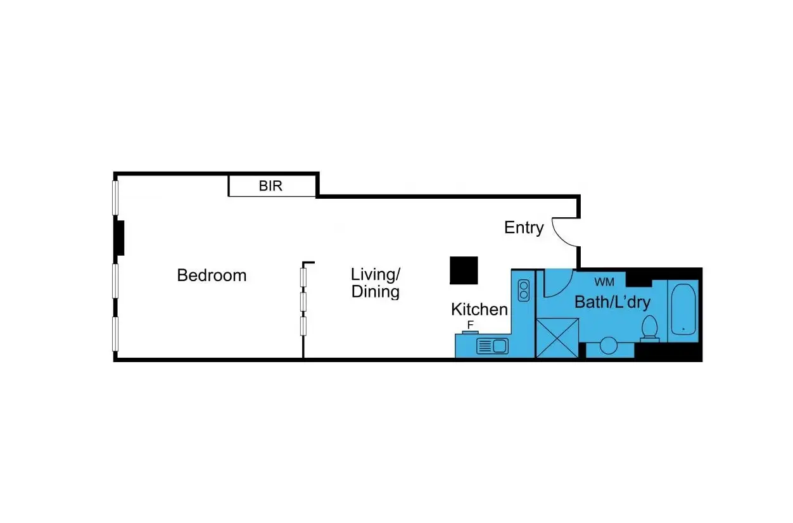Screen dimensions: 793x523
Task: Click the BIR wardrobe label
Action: [x=270, y=186]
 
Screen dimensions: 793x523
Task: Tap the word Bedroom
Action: [x=212, y=275]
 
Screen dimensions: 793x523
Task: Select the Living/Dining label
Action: [x=376, y=283]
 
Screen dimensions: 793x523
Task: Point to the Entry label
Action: [x=524, y=227]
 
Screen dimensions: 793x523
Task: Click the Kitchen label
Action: [x=479, y=310]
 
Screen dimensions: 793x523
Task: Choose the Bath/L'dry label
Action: [x=612, y=302]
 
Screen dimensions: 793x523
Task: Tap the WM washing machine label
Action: [x=604, y=282]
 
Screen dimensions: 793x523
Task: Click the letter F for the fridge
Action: [x=471, y=324]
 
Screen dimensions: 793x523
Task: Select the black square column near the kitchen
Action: [x=464, y=270]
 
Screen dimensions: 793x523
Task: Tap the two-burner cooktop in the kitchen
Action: [x=524, y=290]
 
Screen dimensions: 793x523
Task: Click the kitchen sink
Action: [x=492, y=346]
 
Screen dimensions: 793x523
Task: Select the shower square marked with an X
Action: [x=557, y=338]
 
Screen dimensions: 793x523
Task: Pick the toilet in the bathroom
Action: [x=650, y=329]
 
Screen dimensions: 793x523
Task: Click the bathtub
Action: [x=683, y=309]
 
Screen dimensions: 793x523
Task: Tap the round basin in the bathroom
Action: [x=608, y=345]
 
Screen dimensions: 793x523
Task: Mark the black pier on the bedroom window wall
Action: [x=119, y=238]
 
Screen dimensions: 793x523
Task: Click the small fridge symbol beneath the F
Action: [x=471, y=332]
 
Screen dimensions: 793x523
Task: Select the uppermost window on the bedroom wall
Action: [x=115, y=198]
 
